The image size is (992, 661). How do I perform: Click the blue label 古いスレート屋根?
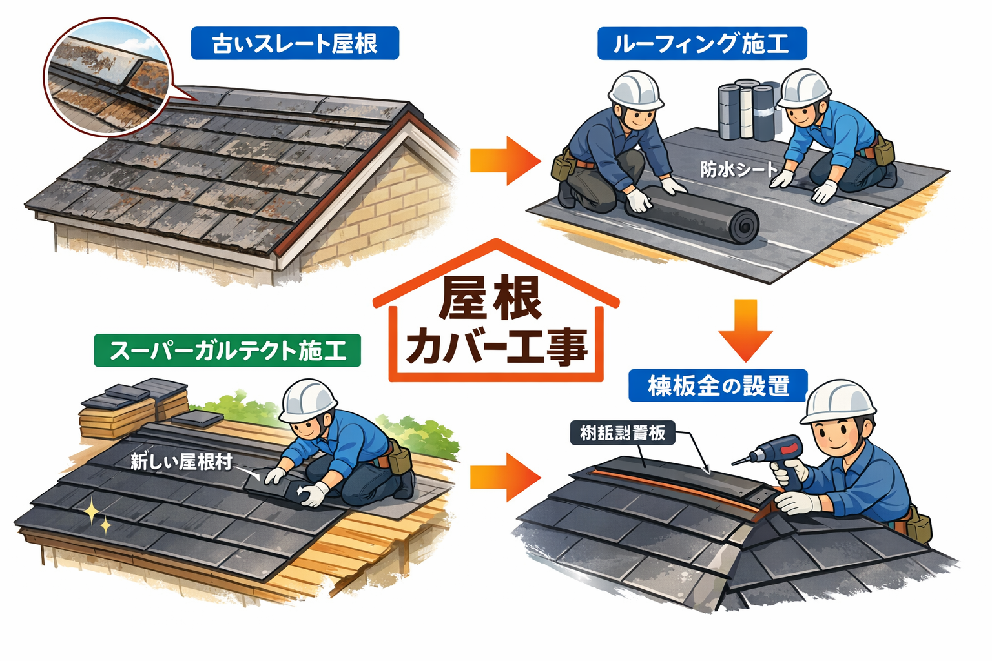pyautogui.click(x=294, y=44)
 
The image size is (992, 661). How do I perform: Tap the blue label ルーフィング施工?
pyautogui.click(x=701, y=44)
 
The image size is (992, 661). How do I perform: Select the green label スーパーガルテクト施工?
pyautogui.click(x=227, y=351)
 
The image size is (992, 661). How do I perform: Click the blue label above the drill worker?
pyautogui.click(x=718, y=386)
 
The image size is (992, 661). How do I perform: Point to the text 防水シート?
pyautogui.click(x=739, y=170)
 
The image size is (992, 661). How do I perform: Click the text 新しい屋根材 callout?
pyautogui.click(x=181, y=462)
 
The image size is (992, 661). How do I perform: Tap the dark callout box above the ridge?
pyautogui.click(x=622, y=432)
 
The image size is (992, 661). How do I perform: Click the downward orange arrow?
pyautogui.click(x=745, y=330)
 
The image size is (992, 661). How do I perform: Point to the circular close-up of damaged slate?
pyautogui.click(x=107, y=76)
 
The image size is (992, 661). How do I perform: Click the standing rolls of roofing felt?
pyautogui.click(x=749, y=110)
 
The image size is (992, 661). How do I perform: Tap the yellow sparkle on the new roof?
pyautogui.click(x=95, y=517)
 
